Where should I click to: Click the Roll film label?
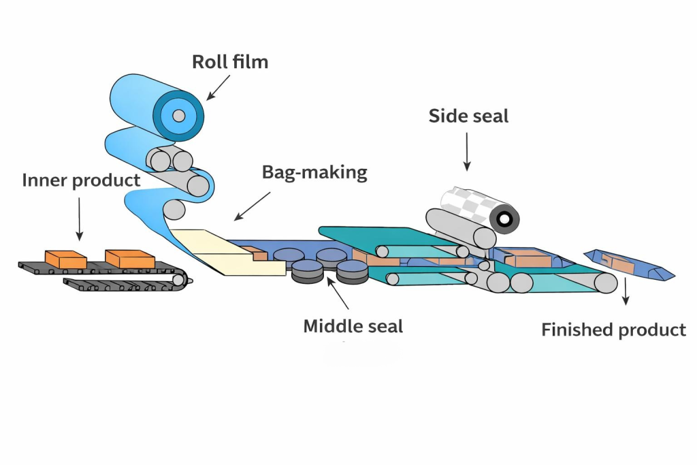230,62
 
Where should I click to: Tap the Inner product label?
81,180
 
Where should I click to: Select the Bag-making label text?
314,172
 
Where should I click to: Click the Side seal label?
468,116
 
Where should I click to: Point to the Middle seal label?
353,326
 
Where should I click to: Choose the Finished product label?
613,330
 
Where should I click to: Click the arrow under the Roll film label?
219,87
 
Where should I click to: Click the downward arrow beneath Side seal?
467,151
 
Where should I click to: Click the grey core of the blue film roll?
178,115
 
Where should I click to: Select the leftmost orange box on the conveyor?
65,259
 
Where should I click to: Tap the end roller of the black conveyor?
179,278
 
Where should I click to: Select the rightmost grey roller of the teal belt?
603,282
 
